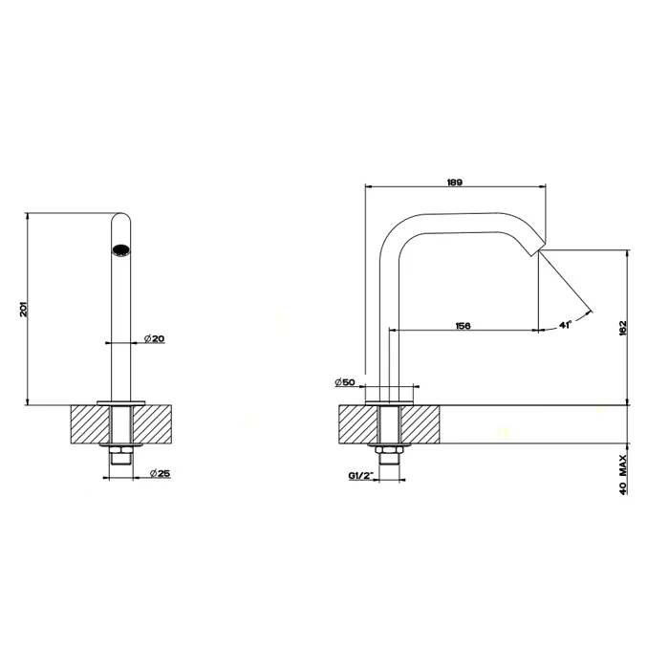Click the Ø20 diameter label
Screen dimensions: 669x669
[155, 338]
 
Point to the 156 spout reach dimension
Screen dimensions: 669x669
[462, 326]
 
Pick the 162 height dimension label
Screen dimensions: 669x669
[623, 326]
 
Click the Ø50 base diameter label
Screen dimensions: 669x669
[345, 382]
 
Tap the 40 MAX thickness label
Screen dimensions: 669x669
[623, 473]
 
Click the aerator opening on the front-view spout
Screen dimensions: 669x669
[121, 251]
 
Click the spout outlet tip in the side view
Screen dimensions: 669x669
[537, 250]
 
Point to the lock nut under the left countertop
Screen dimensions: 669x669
[122, 450]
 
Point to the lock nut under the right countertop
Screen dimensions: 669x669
[390, 450]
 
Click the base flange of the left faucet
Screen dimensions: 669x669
[122, 400]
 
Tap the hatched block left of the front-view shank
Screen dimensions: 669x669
[92, 424]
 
